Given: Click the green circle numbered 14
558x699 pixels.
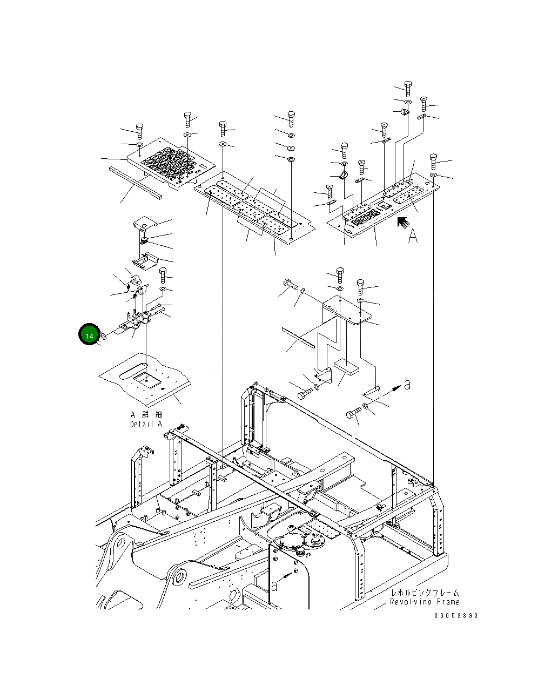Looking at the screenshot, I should [x=89, y=335].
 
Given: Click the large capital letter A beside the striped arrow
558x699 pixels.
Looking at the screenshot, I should [x=413, y=236].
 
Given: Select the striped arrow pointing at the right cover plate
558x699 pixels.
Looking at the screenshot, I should [x=402, y=223].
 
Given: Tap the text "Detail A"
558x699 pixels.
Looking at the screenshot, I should [x=146, y=424].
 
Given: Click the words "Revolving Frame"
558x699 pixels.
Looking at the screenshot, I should [x=425, y=602].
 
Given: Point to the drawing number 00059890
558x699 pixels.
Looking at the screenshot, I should [x=456, y=615].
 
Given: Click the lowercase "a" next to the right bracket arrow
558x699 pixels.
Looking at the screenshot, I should [x=407, y=385].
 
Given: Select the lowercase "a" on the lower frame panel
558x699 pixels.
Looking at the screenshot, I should [x=274, y=586].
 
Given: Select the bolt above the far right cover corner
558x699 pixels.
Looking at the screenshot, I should [x=433, y=161].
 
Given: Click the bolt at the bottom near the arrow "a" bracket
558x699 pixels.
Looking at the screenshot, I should [x=354, y=414].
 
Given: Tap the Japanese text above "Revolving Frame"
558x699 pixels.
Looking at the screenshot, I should [x=425, y=593].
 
